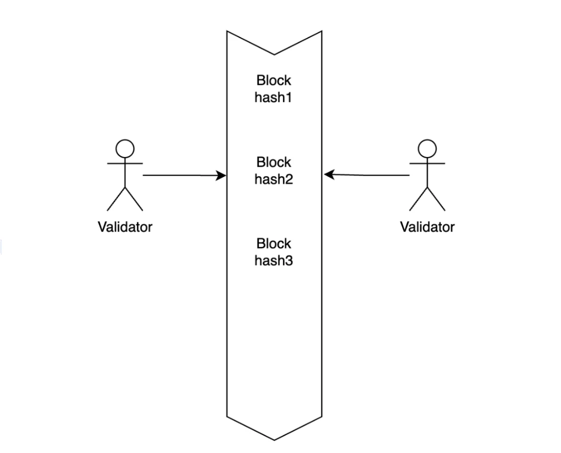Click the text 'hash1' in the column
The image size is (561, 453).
tap(273, 97)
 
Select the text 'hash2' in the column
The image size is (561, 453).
tap(273, 179)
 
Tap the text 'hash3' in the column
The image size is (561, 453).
tap(273, 261)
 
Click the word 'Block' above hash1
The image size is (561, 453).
tap(273, 80)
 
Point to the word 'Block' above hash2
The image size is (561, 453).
tap(273, 162)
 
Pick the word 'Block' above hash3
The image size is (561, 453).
tap(273, 243)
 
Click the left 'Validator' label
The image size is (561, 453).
tap(125, 227)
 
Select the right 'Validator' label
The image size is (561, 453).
tap(427, 227)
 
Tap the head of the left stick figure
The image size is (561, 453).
tap(125, 149)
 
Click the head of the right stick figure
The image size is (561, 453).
tap(427, 149)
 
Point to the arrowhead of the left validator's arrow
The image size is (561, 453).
tap(222, 176)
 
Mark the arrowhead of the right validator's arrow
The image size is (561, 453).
tap(329, 175)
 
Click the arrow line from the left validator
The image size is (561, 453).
tap(179, 175)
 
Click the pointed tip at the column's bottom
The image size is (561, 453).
tap(274, 439)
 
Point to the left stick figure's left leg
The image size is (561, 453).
tap(116, 199)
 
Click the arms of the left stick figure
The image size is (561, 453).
tap(125, 164)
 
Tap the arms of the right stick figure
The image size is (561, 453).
tap(427, 164)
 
